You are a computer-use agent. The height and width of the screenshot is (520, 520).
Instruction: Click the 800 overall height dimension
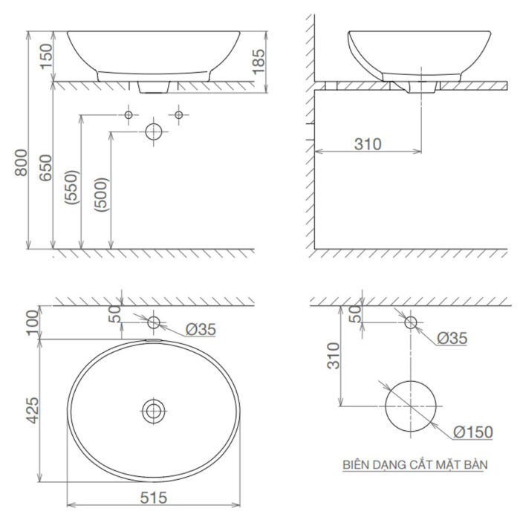22,163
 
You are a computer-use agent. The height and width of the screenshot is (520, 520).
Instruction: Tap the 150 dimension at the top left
46,56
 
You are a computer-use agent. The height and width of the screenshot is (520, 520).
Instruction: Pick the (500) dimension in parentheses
103,195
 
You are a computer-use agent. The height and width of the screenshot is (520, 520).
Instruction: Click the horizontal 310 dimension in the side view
367,143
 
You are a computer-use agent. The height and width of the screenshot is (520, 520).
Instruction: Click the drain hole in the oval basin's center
154,409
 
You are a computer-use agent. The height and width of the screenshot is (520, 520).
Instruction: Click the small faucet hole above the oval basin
154,322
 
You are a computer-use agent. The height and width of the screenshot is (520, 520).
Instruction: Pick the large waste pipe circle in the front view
153,132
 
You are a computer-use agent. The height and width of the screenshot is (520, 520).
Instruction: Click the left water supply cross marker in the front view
129,115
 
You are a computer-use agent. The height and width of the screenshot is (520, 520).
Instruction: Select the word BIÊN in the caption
356,465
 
